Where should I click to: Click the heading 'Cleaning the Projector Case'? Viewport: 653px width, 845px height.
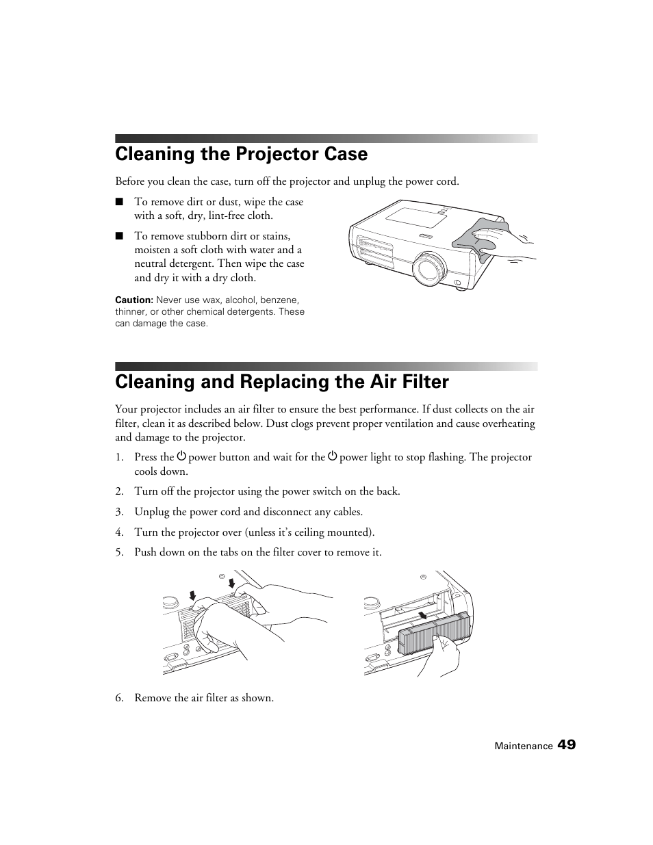[241, 154]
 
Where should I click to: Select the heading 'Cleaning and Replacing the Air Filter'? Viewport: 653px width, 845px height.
[282, 382]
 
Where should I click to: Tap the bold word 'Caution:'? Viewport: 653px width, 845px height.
[133, 300]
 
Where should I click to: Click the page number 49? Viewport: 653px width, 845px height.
[566, 745]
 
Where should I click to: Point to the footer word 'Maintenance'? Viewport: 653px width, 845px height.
[523, 746]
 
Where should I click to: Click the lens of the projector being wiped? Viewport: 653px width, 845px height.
[429, 268]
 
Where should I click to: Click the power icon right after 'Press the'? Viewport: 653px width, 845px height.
[181, 456]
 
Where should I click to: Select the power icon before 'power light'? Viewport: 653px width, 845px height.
[333, 456]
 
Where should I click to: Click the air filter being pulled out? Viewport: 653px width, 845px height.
[434, 633]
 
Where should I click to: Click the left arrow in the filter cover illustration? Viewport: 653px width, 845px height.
[193, 595]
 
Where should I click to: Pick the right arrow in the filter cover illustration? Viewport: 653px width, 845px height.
[232, 583]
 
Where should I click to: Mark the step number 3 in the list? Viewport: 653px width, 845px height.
[119, 512]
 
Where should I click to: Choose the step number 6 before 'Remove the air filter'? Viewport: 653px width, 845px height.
[119, 698]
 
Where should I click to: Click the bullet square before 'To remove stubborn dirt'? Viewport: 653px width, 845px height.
[119, 236]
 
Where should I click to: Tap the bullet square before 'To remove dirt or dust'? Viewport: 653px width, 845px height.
[119, 202]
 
